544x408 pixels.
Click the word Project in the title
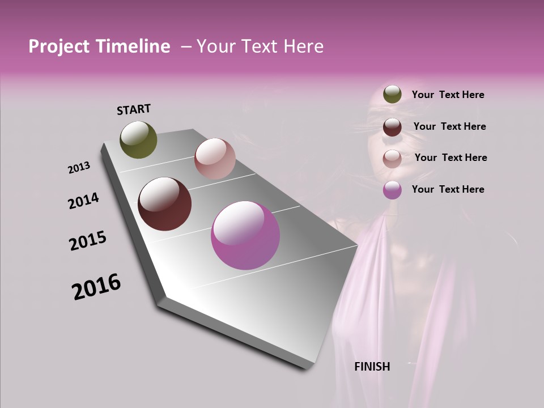tap(56, 46)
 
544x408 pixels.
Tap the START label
tap(134, 109)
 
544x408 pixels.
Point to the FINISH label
tap(372, 367)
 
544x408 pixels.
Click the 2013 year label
tap(79, 168)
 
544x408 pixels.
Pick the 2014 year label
tap(84, 201)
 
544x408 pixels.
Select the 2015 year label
tap(88, 241)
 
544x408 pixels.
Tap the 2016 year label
tap(96, 287)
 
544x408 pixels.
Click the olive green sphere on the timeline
tap(139, 139)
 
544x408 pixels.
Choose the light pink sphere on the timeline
tap(215, 159)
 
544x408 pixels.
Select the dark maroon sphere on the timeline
tap(165, 204)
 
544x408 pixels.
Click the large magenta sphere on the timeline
tap(245, 235)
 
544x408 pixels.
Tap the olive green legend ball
tap(392, 94)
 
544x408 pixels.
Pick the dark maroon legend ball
tap(392, 126)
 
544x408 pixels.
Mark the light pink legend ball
tap(392, 158)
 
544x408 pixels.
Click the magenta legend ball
tap(392, 190)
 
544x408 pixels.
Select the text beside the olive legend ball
tap(448, 95)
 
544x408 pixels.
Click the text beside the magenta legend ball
tap(448, 189)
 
